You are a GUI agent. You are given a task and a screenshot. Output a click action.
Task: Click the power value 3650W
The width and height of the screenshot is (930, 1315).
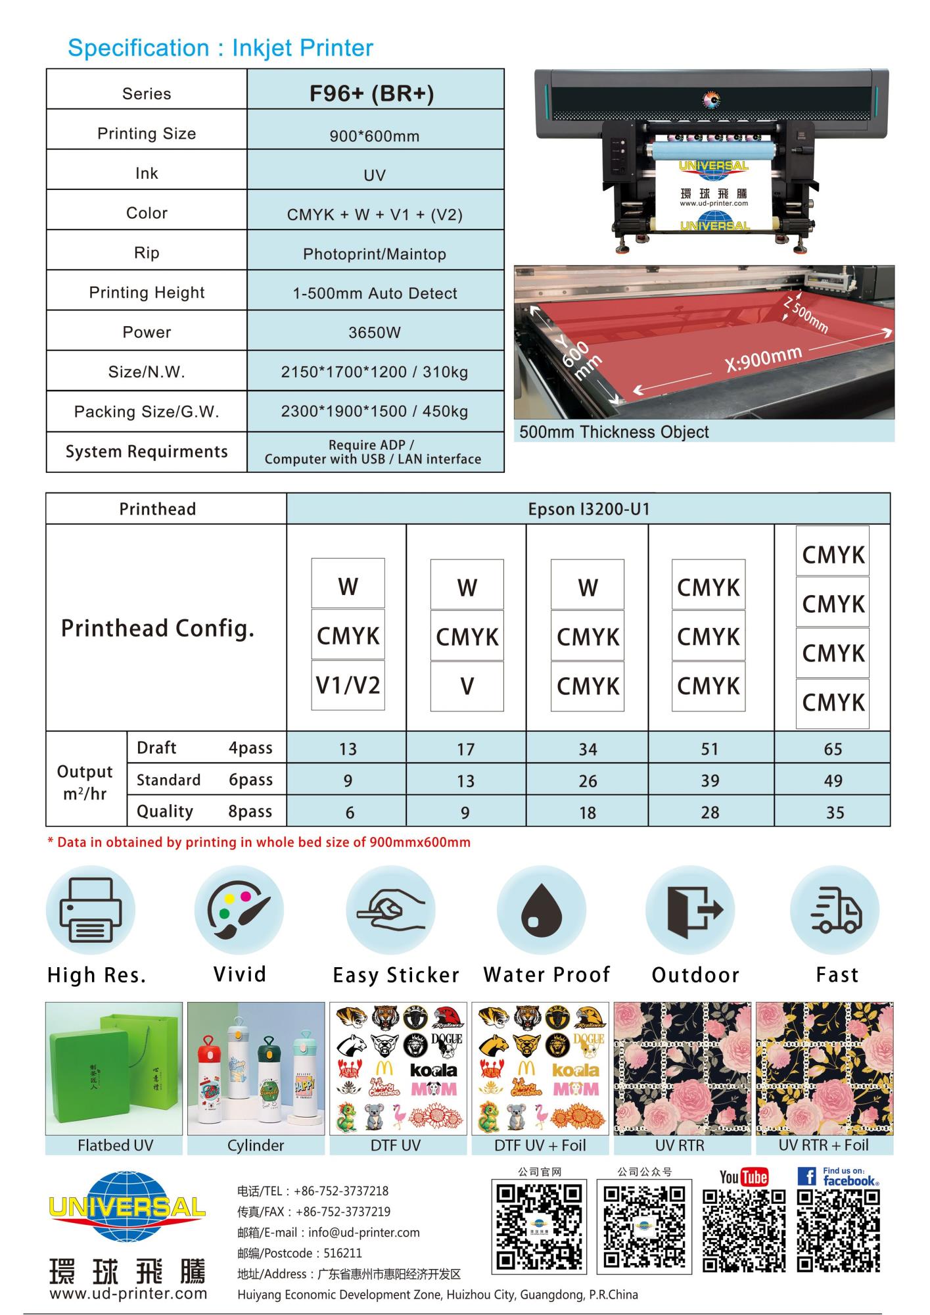pos(374,333)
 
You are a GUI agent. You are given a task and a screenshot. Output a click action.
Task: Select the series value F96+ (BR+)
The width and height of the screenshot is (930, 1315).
pos(371,93)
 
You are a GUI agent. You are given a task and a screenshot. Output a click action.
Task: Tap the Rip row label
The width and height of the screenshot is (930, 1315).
pos(147,253)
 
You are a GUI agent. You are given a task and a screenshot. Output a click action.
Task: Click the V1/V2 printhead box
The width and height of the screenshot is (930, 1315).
pos(348,686)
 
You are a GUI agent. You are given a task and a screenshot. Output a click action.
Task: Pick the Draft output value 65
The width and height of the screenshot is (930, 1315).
pos(833,749)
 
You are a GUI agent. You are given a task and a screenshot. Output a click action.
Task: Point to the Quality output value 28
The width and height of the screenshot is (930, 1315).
pos(710,813)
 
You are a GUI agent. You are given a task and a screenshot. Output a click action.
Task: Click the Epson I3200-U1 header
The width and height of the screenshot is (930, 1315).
pos(588,510)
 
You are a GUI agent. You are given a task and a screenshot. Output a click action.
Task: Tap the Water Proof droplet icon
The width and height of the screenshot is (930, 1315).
pos(541,910)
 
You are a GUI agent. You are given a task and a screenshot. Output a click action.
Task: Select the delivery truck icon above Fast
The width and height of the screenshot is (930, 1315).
pos(835,910)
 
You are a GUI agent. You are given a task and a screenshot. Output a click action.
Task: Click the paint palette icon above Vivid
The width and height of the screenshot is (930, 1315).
pos(239,910)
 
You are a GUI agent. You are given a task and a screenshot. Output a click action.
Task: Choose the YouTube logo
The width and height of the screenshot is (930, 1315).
pos(743,1177)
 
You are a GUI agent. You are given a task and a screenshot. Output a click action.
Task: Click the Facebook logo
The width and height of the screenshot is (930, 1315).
pos(838,1176)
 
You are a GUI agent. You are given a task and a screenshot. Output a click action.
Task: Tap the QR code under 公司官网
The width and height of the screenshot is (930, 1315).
pos(538,1226)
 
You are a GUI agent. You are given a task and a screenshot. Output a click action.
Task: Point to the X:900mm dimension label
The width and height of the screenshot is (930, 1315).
pos(763,359)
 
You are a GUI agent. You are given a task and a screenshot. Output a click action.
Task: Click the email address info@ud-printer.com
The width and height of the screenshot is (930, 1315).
pos(363,1232)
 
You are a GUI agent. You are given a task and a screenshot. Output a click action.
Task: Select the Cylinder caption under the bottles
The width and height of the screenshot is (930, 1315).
pos(256,1145)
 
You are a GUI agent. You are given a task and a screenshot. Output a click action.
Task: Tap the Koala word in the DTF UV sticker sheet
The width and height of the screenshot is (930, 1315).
pos(433,1070)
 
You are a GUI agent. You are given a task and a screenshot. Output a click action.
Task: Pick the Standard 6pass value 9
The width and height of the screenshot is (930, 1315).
pos(348,781)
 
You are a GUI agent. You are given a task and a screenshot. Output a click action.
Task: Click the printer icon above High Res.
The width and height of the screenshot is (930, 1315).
pos(91,910)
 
